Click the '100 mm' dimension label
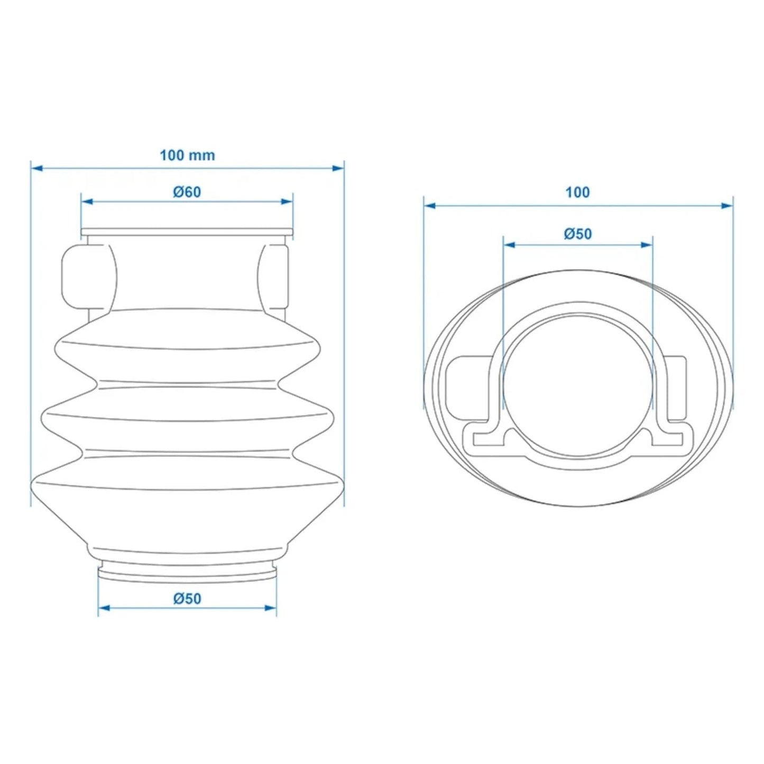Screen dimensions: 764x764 pyautogui.click(x=187, y=155)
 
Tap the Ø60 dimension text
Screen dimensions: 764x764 pyautogui.click(x=187, y=192)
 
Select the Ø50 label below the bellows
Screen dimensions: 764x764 pyautogui.click(x=187, y=599)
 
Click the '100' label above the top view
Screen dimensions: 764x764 pyautogui.click(x=578, y=192)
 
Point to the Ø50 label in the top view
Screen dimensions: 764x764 pyautogui.click(x=578, y=234)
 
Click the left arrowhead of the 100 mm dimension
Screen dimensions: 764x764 pyautogui.click(x=36, y=169)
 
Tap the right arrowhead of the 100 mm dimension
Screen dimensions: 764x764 pyautogui.click(x=338, y=169)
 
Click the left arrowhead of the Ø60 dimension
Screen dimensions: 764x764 pyautogui.click(x=87, y=202)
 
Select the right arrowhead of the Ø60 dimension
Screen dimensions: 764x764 pyautogui.click(x=287, y=202)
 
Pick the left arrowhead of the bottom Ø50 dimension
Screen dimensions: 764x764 pyautogui.click(x=104, y=608)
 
